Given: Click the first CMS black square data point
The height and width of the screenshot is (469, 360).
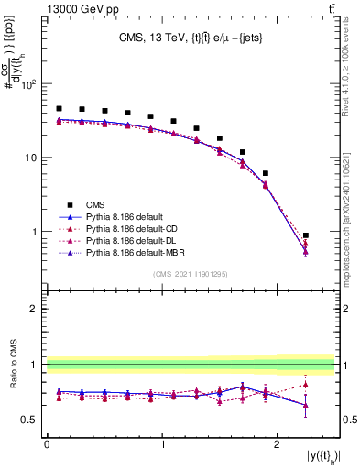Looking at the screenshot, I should click(59, 108).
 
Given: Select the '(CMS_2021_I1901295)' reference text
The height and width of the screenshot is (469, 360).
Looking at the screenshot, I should click(191, 274).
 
